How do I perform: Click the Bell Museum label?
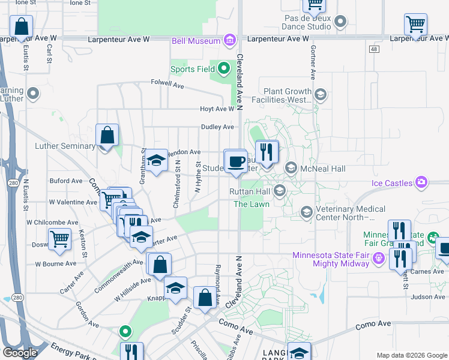click(195, 41)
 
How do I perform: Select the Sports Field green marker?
click(224, 69)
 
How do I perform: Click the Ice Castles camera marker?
click(421, 182)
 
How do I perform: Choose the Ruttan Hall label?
click(249, 192)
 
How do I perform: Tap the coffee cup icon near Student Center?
click(236, 161)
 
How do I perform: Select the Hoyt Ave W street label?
click(217, 109)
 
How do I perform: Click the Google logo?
click(20, 352)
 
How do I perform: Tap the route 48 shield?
click(375, 49)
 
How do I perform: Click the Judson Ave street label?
click(429, 296)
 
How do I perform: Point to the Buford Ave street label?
click(66, 181)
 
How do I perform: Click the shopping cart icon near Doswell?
click(60, 239)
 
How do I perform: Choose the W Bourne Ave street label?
click(56, 263)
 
